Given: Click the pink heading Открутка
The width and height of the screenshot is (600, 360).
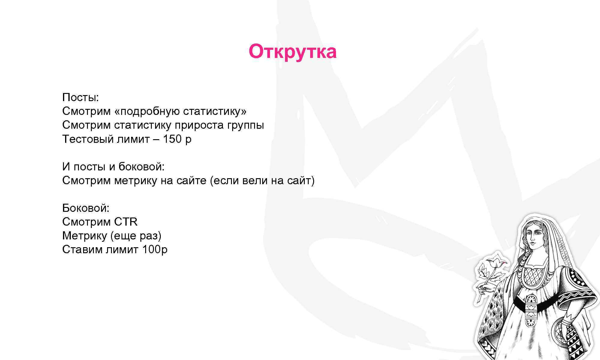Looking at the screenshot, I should (292, 52).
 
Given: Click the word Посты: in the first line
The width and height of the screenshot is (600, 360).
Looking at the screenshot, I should (80, 97).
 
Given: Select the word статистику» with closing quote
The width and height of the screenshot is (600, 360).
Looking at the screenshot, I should (214, 111).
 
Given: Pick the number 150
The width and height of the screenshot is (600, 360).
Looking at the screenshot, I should (172, 139).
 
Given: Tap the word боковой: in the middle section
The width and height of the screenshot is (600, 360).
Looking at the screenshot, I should (141, 166).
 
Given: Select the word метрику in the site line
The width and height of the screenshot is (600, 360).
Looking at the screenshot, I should (135, 181).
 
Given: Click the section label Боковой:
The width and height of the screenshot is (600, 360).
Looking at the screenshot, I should (86, 208).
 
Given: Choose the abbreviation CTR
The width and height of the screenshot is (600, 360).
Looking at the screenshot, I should (126, 222).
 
